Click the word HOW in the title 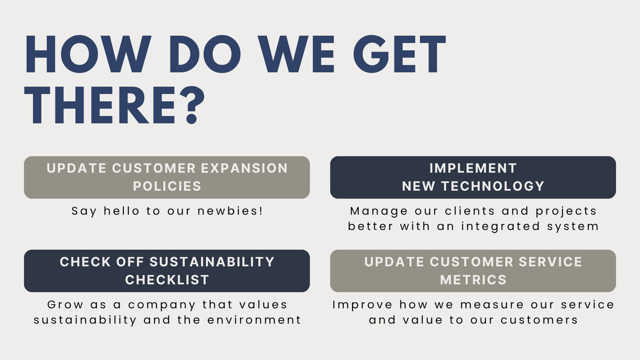point(88,54)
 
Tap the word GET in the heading point(400,54)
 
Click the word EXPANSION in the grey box point(244,168)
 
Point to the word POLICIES point(167,186)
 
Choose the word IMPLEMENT point(473,168)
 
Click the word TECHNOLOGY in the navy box point(493,186)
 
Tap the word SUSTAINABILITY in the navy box point(212,262)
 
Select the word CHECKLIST point(167,280)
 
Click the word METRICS point(473,280)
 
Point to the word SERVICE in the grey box point(550,262)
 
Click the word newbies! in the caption point(230,211)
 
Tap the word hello point(122,211)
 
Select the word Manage point(379,212)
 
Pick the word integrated point(500,227)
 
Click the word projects point(566,212)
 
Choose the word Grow point(66,304)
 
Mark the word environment point(254,320)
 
